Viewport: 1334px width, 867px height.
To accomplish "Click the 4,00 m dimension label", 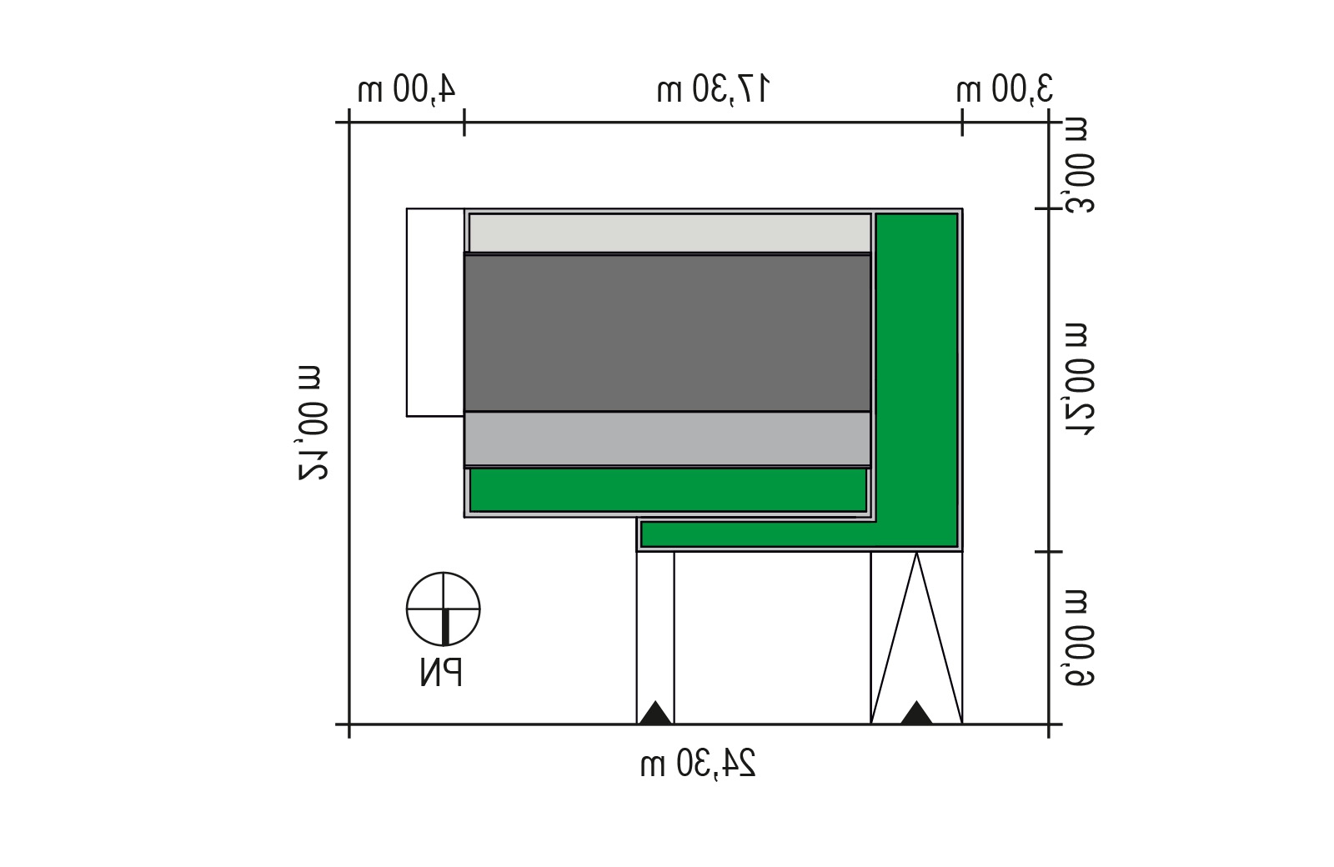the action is pyautogui.click(x=407, y=89).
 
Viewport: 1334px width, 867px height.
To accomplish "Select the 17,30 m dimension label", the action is pyautogui.click(x=714, y=89).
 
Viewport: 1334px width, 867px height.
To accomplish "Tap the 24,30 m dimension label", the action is pyautogui.click(x=698, y=763).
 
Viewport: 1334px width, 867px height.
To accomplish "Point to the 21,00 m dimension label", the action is pyautogui.click(x=313, y=423).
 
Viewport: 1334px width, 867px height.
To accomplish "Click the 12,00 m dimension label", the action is pyautogui.click(x=1079, y=379).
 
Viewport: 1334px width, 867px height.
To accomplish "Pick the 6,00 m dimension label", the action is pyautogui.click(x=1079, y=638).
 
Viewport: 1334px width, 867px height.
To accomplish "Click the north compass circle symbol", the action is pyautogui.click(x=443, y=609).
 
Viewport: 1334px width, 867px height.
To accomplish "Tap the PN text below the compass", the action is pyautogui.click(x=441, y=673).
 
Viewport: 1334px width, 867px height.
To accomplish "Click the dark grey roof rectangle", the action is pyautogui.click(x=668, y=333).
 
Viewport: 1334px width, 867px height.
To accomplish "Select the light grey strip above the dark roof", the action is pyautogui.click(x=670, y=233).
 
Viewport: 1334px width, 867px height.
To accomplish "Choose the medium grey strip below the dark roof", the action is pyautogui.click(x=668, y=439).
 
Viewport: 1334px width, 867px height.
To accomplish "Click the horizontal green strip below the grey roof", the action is pyautogui.click(x=668, y=490).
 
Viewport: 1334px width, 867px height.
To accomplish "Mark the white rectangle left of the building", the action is pyautogui.click(x=435, y=312).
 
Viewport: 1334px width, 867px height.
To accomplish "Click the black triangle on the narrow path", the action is pyautogui.click(x=655, y=713).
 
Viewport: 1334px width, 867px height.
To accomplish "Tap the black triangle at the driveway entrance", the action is pyautogui.click(x=916, y=713).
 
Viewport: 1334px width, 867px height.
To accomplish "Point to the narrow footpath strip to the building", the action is pyautogui.click(x=655, y=638).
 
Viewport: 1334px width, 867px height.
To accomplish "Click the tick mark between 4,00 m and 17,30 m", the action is pyautogui.click(x=464, y=123).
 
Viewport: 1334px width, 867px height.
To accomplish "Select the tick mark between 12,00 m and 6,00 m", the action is pyautogui.click(x=1049, y=552).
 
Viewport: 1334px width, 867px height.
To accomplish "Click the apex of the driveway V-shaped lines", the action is pyautogui.click(x=916, y=553).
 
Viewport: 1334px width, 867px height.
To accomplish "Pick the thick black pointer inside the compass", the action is pyautogui.click(x=445, y=627).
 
